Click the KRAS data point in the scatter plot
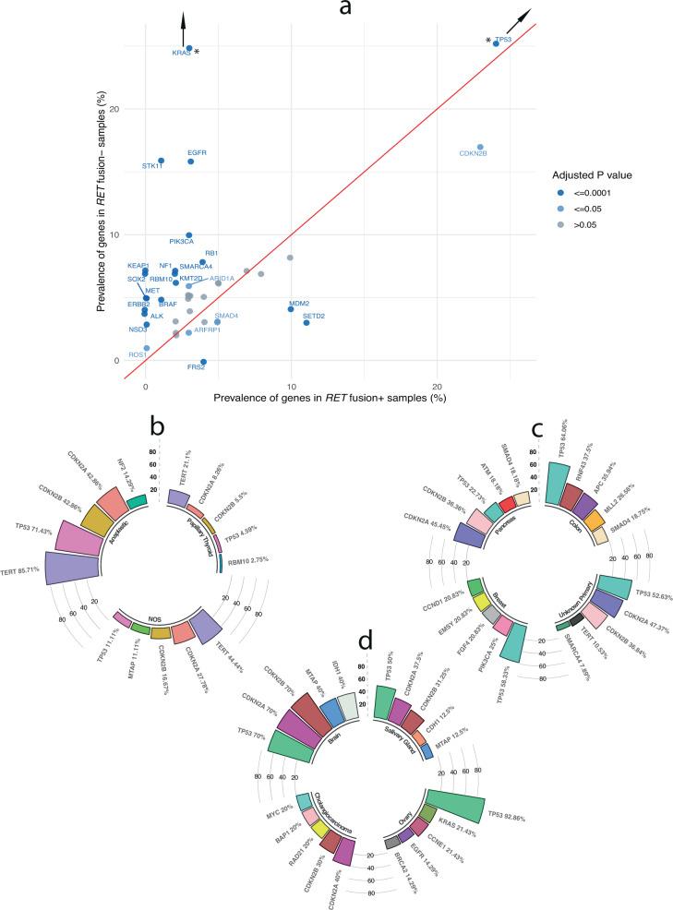pyautogui.click(x=189, y=48)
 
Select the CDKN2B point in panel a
pyautogui.click(x=480, y=147)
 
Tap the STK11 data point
pyautogui.click(x=161, y=161)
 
